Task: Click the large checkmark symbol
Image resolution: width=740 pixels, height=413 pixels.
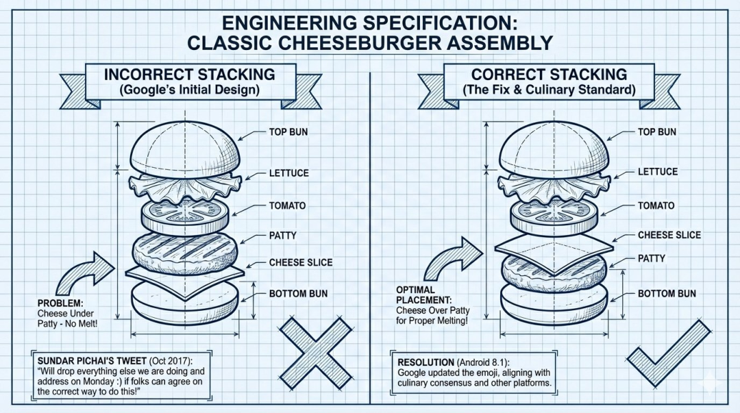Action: tap(668, 356)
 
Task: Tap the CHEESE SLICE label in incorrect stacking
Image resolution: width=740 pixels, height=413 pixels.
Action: tap(300, 262)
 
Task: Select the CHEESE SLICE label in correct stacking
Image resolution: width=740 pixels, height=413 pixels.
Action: tap(669, 235)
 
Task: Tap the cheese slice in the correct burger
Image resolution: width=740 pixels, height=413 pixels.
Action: tap(554, 243)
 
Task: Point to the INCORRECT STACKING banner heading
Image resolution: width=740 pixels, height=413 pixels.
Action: tap(190, 74)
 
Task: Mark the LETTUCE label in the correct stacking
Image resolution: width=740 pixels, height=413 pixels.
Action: tap(658, 172)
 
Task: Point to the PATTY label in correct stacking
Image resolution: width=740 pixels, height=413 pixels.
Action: tap(652, 259)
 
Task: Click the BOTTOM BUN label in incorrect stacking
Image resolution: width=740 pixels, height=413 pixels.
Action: tap(298, 294)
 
